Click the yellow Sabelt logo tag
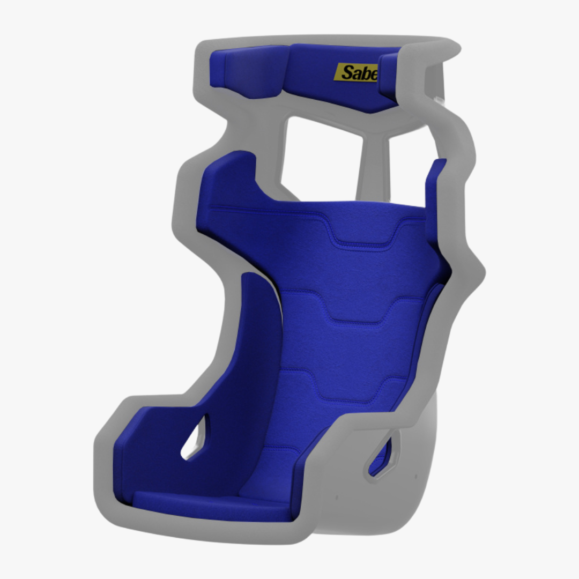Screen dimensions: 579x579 coord(356,72)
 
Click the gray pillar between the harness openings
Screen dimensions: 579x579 coord(370,166)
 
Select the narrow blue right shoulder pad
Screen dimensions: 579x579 coord(436,188)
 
